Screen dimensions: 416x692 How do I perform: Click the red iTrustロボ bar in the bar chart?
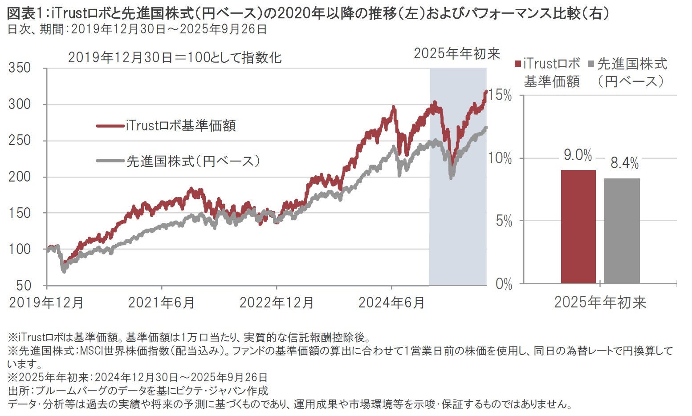pyautogui.click(x=578, y=226)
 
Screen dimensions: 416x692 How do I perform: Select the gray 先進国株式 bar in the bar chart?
pyautogui.click(x=622, y=231)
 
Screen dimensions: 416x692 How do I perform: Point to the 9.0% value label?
pyautogui.click(x=578, y=155)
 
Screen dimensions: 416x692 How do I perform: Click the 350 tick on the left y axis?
pyautogui.click(x=20, y=68)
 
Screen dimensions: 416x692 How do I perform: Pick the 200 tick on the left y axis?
pyautogui.click(x=20, y=177)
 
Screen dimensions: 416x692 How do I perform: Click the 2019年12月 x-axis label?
pyautogui.click(x=46, y=303)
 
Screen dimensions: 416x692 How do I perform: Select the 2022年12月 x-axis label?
pyautogui.click(x=277, y=303)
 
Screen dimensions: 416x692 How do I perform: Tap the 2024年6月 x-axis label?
pyautogui.click(x=391, y=303)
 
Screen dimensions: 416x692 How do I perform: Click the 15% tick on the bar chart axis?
pyautogui.click(x=500, y=95)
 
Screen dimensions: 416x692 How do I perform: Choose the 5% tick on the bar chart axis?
pyautogui.click(x=504, y=221)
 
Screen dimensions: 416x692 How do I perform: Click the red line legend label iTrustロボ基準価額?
pyautogui.click(x=180, y=126)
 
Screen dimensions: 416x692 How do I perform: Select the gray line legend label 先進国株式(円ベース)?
pyautogui.click(x=193, y=161)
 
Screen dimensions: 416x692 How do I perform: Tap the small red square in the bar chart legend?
pyautogui.click(x=517, y=64)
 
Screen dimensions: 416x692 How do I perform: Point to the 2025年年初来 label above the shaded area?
pyautogui.click(x=457, y=53)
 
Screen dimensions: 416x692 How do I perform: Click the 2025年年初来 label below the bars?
pyautogui.click(x=600, y=303)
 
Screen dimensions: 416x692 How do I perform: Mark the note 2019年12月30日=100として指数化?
pyautogui.click(x=175, y=58)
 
